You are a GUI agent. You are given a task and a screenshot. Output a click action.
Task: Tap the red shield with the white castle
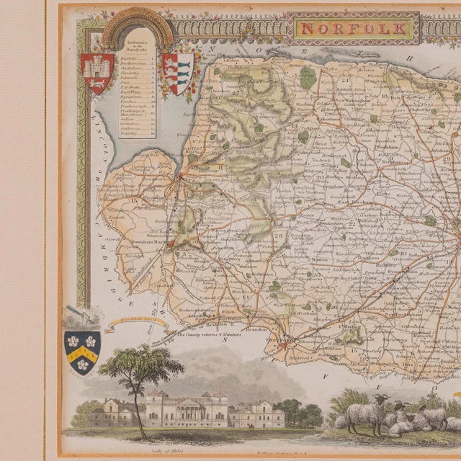pos(97,72)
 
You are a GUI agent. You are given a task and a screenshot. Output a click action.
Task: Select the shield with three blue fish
pos(179,72)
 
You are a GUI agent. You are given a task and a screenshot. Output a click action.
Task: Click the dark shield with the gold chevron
pos(81,352)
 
